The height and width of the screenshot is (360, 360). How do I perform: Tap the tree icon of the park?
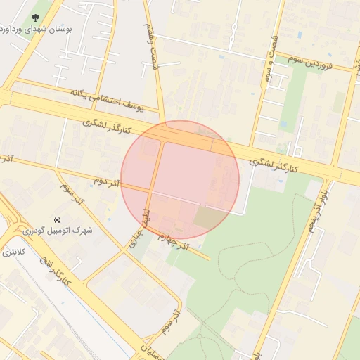click(x=36, y=17)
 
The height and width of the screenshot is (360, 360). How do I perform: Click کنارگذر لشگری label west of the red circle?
click(x=107, y=127)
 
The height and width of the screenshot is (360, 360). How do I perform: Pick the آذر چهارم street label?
click(x=174, y=242)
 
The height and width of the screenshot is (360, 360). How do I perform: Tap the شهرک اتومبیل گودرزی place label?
click(x=56, y=230)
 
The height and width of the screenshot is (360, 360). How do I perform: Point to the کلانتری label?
click(x=13, y=251)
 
